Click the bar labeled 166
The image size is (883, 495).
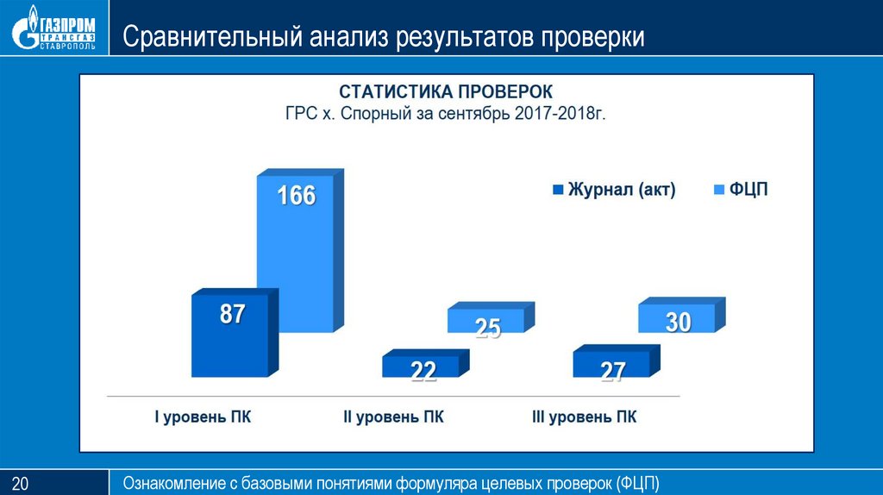point(295,254)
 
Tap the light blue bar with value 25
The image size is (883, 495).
point(487,321)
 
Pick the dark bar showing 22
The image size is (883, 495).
point(422,367)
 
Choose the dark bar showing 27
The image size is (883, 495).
point(612,367)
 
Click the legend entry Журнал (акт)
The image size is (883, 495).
point(613,191)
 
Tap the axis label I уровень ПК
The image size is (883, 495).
point(204,417)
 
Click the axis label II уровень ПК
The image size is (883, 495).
point(394,417)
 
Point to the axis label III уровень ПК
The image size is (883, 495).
point(586,417)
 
